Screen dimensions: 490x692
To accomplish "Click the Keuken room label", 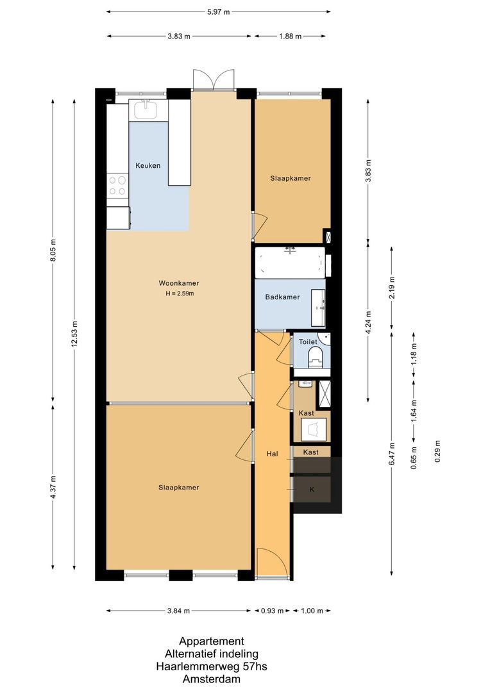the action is pos(148,165).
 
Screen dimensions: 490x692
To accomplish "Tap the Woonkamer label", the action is pos(179,283).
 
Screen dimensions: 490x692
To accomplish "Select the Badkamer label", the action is pos(282,297).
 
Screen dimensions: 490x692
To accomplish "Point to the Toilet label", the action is pos(308,342).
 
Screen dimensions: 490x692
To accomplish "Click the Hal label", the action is pos(272,454).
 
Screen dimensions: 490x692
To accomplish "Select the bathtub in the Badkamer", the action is pos(290,263).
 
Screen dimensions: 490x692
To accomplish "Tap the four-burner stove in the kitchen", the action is pos(117,185).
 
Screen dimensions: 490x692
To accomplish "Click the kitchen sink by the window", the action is pos(146,110).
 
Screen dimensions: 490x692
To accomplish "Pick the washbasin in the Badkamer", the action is pos(318,306).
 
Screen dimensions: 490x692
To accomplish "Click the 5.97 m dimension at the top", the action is pos(218,12).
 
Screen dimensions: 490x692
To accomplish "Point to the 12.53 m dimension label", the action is pos(74,334).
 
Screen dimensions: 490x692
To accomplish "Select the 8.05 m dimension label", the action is pos(53,250).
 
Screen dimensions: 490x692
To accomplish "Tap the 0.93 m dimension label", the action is pos(272,611).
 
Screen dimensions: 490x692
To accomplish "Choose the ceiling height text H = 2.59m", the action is pos(179,293).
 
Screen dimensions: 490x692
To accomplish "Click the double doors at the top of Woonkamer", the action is pos(214,80).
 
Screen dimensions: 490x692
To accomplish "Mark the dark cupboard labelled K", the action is pos(312,489).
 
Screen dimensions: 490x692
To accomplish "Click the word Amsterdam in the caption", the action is pos(211,679).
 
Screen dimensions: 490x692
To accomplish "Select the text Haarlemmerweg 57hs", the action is pos(211,666).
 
